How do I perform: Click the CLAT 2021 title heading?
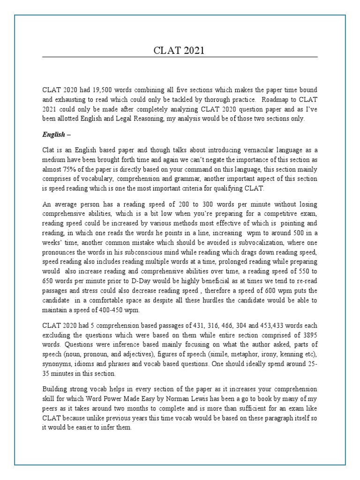[x=180, y=50]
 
